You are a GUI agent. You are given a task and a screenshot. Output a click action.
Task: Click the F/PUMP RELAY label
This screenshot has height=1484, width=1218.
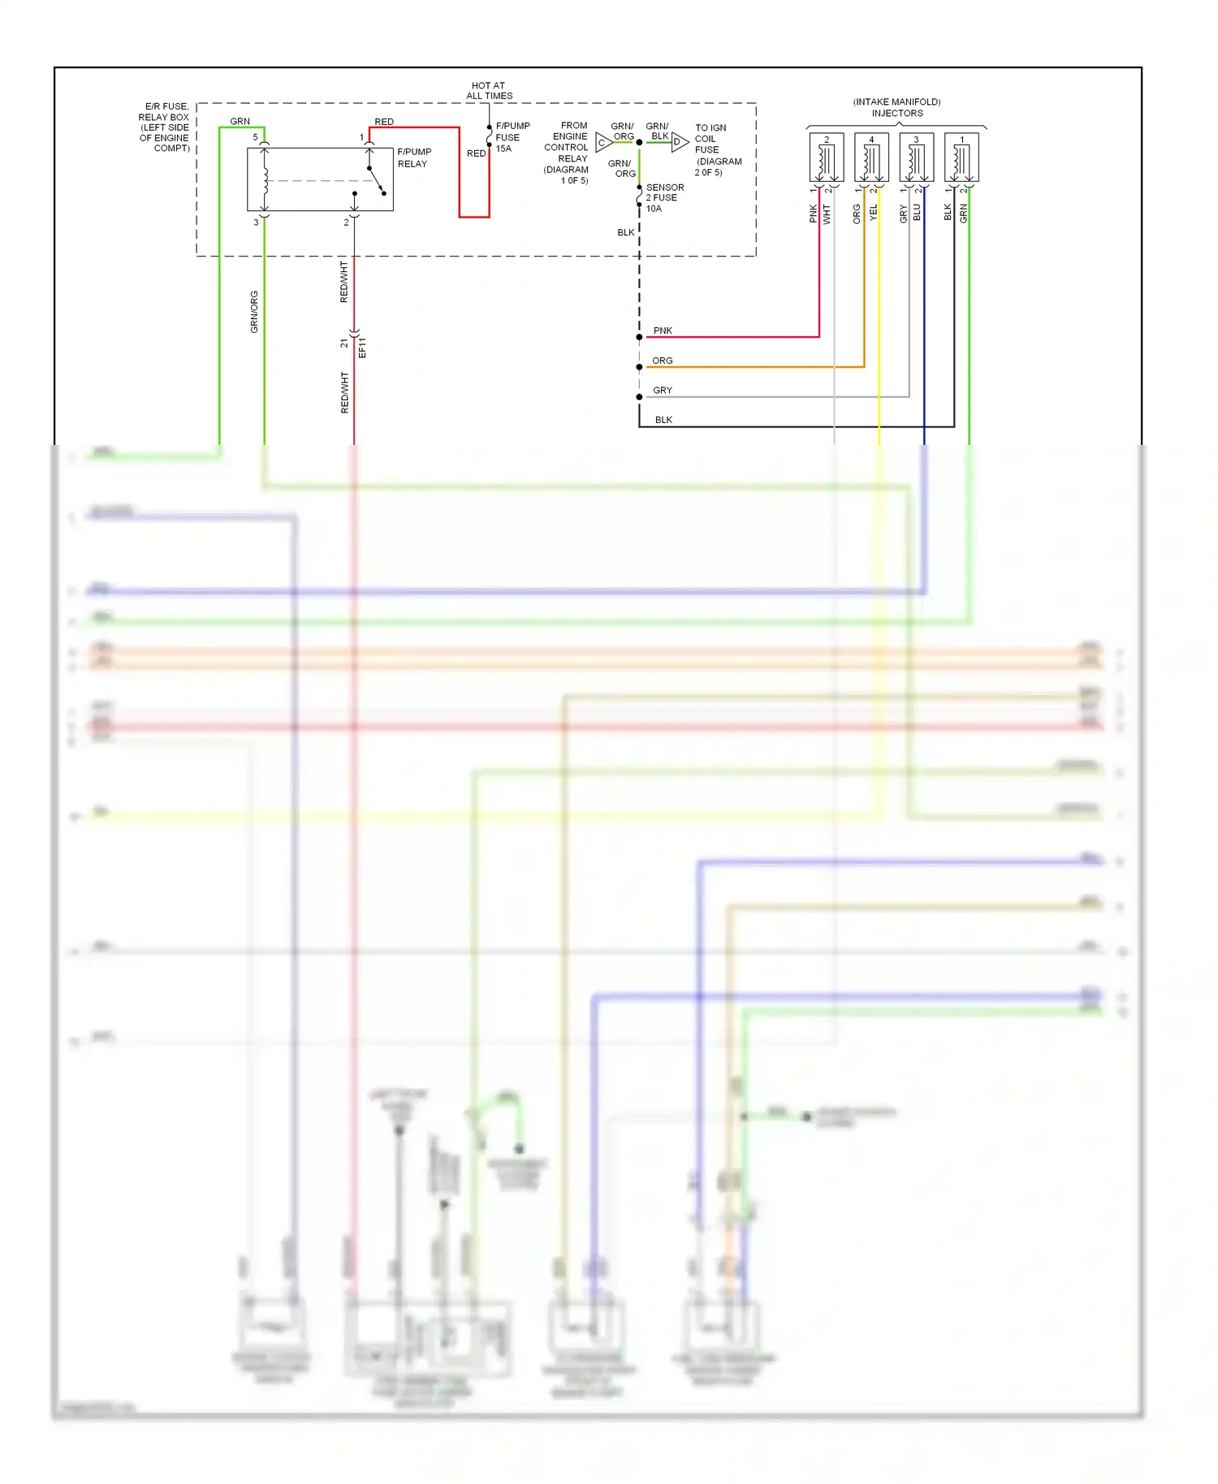point(413,157)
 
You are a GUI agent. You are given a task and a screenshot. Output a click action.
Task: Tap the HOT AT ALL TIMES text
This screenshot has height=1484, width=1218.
point(489,90)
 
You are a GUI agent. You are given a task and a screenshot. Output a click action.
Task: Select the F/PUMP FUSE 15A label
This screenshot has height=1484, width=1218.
point(512,137)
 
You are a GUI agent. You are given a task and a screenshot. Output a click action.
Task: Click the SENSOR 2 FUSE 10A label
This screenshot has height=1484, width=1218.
point(663,197)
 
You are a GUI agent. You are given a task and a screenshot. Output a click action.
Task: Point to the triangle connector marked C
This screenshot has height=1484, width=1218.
point(603,143)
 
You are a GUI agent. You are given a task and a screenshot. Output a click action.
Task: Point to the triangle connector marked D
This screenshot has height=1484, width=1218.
point(679,142)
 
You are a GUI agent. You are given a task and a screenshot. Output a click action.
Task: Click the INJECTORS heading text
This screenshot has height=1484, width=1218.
point(896,113)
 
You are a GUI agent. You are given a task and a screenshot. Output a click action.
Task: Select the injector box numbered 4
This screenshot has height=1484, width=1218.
point(871,157)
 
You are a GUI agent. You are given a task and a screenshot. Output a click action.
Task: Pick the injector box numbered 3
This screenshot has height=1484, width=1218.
point(916,157)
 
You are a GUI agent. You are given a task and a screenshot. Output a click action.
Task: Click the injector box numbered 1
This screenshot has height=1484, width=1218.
point(961,157)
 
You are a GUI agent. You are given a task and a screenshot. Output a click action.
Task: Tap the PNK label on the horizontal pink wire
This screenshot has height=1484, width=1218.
point(663,330)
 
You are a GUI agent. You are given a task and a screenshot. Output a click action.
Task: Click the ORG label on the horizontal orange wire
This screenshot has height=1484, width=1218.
point(662,360)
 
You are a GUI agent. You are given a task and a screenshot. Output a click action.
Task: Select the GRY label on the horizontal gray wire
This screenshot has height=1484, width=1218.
point(662,390)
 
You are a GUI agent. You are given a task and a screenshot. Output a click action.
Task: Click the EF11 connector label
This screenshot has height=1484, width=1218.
point(362,347)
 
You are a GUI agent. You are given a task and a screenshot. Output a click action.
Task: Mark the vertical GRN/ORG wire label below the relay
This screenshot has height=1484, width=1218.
point(254,312)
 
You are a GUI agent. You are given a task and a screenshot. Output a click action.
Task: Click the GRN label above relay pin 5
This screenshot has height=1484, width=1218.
point(240,121)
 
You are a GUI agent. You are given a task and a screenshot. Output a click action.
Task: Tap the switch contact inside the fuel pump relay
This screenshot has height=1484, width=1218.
point(376,180)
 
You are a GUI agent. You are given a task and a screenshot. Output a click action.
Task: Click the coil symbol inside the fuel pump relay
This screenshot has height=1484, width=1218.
point(265,180)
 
